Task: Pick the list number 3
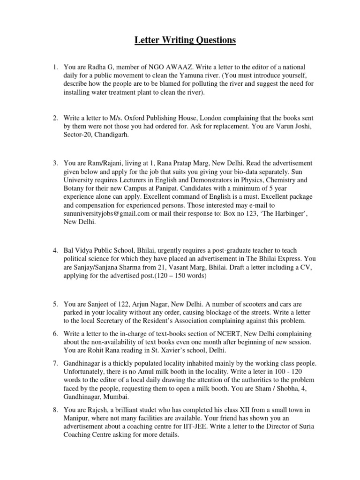click(55, 163)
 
